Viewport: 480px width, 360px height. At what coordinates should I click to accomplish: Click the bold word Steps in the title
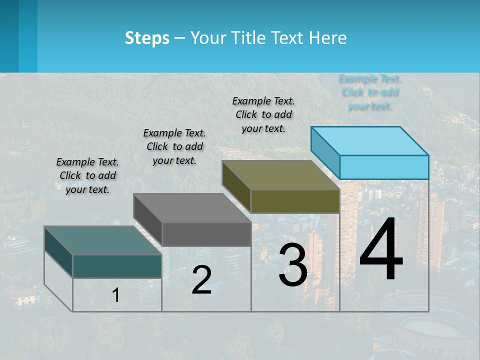pyautogui.click(x=147, y=38)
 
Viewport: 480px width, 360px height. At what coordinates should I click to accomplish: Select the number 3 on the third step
pyautogui.click(x=292, y=265)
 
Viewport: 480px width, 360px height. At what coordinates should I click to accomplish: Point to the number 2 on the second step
pyautogui.click(x=201, y=280)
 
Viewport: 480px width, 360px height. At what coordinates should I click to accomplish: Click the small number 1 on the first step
pyautogui.click(x=115, y=295)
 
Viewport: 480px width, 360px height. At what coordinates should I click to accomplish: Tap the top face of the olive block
pyautogui.click(x=280, y=175)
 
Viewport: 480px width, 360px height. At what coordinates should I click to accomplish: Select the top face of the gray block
pyautogui.click(x=192, y=208)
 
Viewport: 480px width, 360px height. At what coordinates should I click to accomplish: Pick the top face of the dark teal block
pyautogui.click(x=103, y=240)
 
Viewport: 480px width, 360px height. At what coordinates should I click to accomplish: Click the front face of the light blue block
pyautogui.click(x=384, y=167)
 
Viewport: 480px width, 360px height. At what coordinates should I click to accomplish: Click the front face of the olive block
pyautogui.click(x=295, y=201)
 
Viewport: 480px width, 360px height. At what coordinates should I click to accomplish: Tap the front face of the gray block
pyautogui.click(x=206, y=234)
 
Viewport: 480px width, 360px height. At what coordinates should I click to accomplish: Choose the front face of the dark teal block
pyautogui.click(x=117, y=266)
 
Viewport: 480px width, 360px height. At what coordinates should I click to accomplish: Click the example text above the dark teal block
pyautogui.click(x=87, y=175)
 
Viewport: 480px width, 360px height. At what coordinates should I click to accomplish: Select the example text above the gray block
pyautogui.click(x=174, y=146)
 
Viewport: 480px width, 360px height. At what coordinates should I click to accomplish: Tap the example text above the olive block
pyautogui.click(x=263, y=114)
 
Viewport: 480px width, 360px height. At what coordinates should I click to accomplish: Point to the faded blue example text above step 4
pyautogui.click(x=370, y=92)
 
